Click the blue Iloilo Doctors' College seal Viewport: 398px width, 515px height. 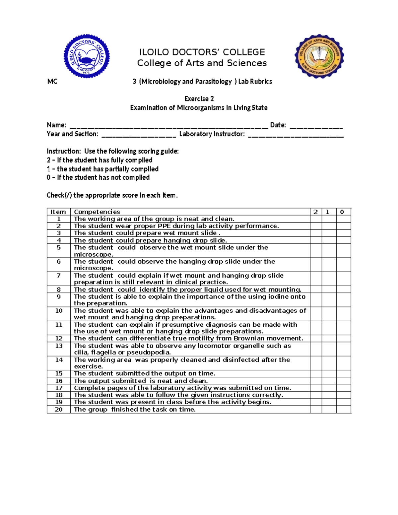87,56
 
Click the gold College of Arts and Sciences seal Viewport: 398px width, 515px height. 319,56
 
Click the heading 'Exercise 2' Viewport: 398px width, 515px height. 199,99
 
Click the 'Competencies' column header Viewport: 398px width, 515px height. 97,212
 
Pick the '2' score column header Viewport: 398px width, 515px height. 316,212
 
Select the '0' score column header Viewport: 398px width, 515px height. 342,212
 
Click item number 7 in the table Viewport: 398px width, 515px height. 59,276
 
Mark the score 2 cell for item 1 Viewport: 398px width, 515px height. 316,219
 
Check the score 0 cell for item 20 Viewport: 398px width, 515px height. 343,410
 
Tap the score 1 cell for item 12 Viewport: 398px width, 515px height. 329,339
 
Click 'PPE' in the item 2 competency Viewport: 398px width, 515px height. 164,226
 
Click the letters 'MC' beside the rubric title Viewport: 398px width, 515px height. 52,82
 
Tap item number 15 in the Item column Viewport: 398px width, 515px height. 59,374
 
